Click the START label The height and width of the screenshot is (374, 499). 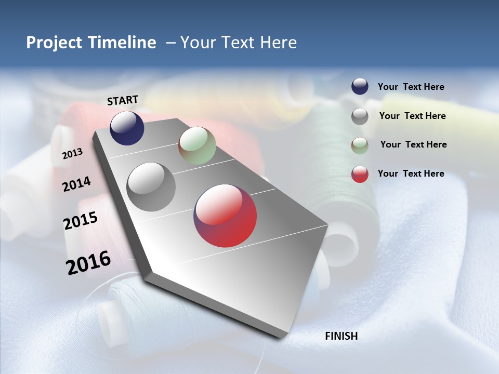(123, 100)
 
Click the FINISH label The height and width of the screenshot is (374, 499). (342, 336)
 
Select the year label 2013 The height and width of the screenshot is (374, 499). (73, 153)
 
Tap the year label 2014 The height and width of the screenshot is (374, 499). (76, 184)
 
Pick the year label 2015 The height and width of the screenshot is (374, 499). (81, 221)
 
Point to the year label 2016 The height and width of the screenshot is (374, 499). (88, 263)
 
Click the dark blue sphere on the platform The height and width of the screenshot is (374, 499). (127, 128)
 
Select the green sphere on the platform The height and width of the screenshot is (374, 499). (197, 145)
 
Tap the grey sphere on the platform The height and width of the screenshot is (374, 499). (151, 187)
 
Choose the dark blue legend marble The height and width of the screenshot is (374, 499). (360, 86)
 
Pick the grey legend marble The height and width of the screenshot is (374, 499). (360, 116)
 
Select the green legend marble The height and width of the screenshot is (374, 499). (360, 145)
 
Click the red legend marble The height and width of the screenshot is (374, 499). (360, 174)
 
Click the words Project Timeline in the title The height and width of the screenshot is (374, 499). (91, 43)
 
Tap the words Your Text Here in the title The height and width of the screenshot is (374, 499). (239, 43)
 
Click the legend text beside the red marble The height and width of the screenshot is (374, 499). (411, 173)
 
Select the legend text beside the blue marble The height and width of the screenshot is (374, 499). (411, 87)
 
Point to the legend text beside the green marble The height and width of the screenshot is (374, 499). (413, 144)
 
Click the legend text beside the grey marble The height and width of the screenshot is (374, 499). (412, 116)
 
